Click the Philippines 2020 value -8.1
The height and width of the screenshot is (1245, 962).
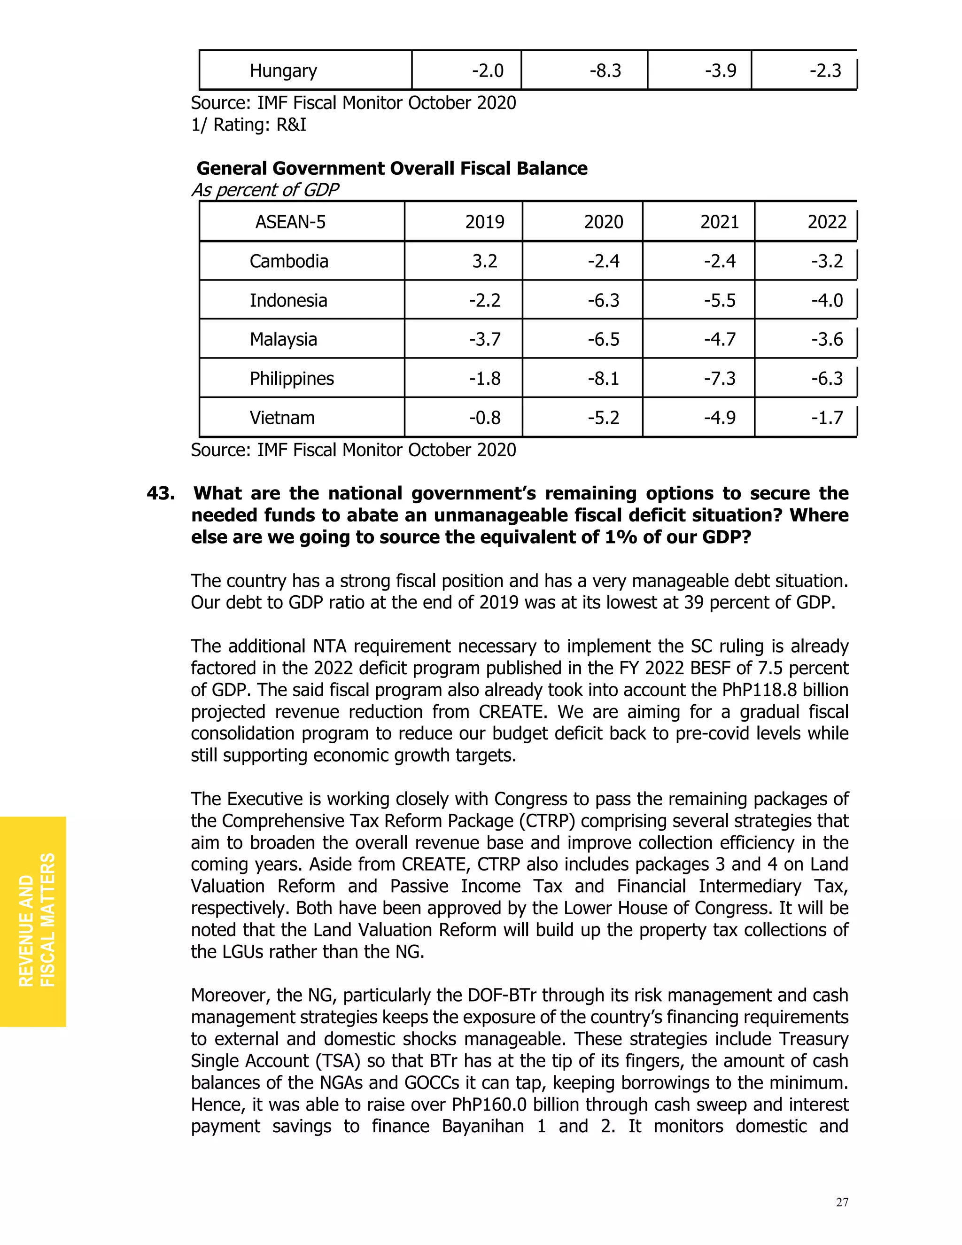coord(603,379)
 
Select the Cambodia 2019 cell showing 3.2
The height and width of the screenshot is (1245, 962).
coord(484,261)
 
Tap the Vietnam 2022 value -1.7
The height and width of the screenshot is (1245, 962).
coord(826,418)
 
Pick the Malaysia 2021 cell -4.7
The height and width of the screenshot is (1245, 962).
coord(719,339)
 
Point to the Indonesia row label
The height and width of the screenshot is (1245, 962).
coord(288,300)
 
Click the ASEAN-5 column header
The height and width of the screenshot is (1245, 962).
coord(290,222)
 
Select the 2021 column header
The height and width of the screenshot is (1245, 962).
coord(719,222)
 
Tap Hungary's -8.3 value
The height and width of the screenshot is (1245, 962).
coord(605,70)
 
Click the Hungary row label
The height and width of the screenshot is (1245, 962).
coord(283,70)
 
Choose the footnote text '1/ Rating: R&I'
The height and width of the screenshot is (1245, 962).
coord(248,125)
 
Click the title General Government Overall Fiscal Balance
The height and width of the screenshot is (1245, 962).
coord(392,168)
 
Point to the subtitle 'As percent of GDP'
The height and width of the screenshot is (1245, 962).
coord(265,190)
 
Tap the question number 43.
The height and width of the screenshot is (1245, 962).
coord(161,493)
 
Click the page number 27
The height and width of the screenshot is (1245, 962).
coord(842,1202)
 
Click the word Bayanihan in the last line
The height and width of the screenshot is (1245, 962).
coord(482,1126)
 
